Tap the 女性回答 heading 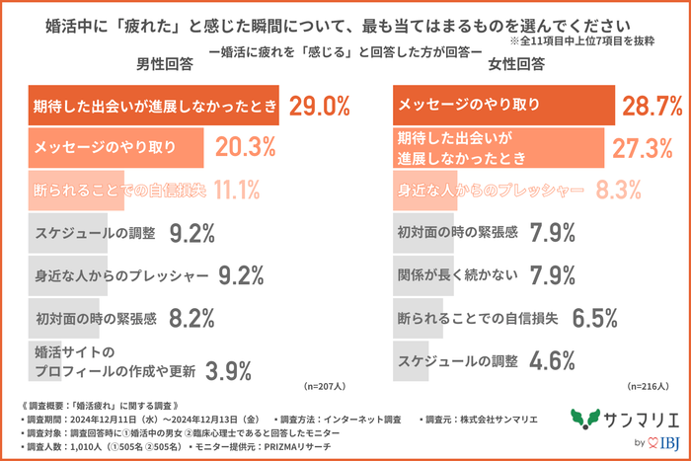(515, 64)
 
